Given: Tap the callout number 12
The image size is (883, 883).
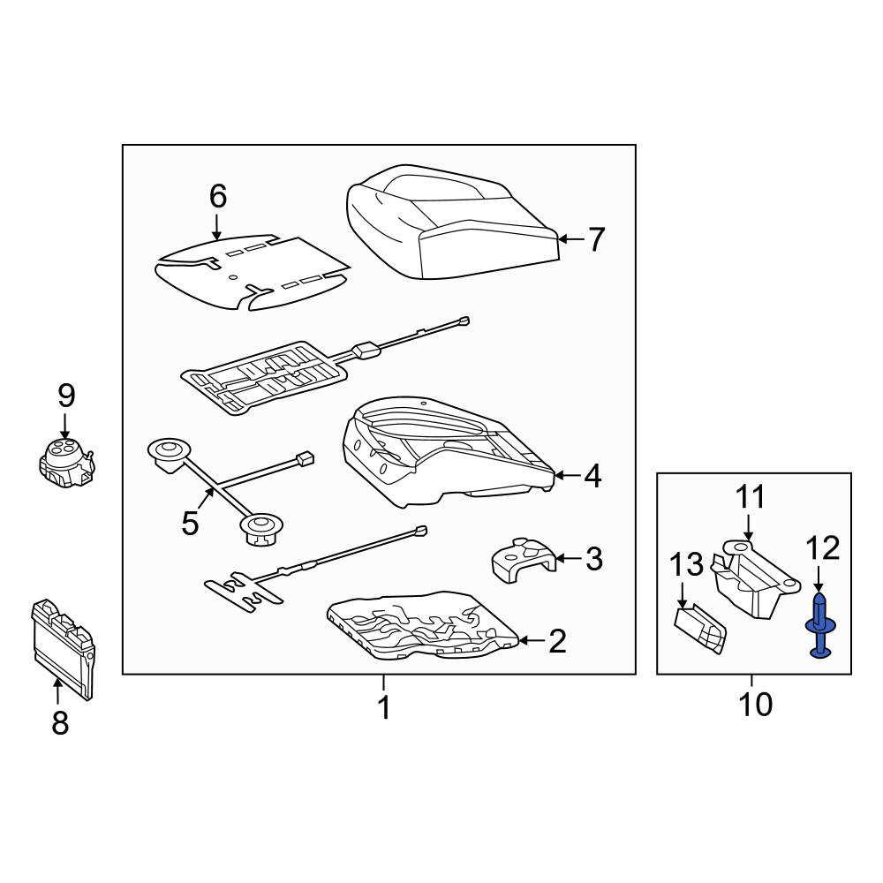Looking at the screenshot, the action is tap(823, 548).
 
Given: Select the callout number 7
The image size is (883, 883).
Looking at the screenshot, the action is tap(596, 239).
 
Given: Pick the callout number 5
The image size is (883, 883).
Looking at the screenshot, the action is tap(191, 523).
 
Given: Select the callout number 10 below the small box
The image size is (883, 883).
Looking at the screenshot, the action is tap(755, 704).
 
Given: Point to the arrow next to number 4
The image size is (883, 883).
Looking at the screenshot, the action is tap(567, 476).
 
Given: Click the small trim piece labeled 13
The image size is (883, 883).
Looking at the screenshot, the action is tap(700, 628).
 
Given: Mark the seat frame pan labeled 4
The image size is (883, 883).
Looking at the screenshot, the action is tap(449, 451).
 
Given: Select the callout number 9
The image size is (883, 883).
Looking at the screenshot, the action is tap(66, 396).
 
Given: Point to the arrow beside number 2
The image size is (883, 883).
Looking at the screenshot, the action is tap(531, 640).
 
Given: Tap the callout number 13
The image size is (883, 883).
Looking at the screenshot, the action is tap(686, 564).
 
